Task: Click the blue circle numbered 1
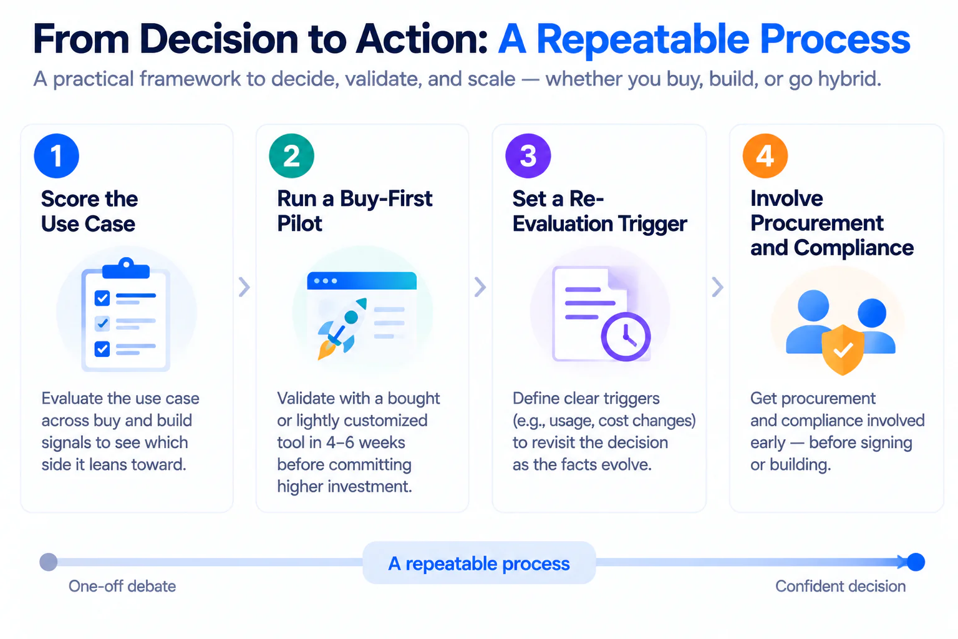(57, 156)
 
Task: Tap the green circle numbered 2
(292, 156)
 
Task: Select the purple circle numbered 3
(528, 156)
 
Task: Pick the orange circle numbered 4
(765, 156)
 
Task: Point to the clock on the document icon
(626, 337)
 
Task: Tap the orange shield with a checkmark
(843, 349)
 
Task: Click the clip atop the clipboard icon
(126, 268)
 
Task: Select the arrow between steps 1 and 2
(244, 287)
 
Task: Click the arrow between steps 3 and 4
(717, 287)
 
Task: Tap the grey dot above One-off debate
(48, 562)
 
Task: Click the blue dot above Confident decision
(916, 562)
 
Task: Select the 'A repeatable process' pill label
(479, 563)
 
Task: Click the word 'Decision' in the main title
(218, 39)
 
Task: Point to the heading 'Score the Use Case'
(89, 212)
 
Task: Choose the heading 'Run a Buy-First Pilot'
(354, 211)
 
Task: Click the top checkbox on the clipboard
(102, 298)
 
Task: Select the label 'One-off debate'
(122, 587)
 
